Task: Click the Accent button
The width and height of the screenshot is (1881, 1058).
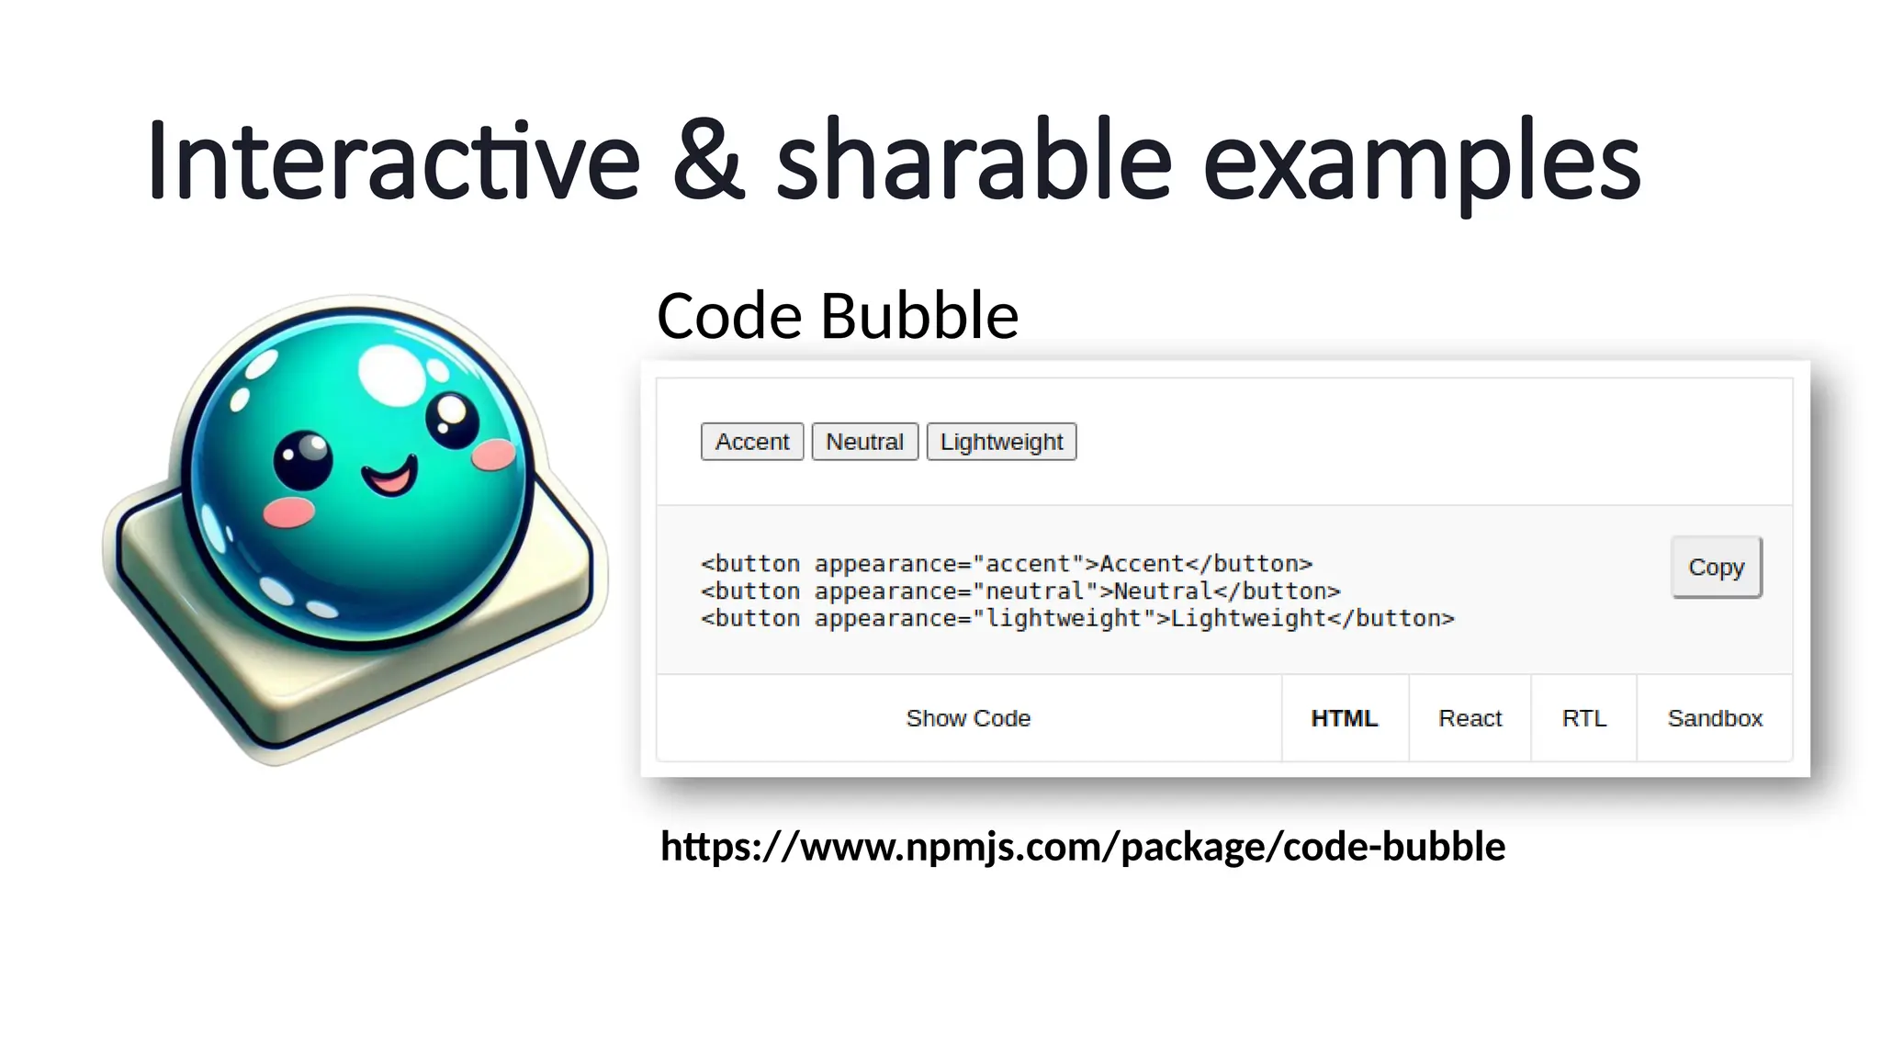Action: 752,442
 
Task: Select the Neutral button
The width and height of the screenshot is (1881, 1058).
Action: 864,442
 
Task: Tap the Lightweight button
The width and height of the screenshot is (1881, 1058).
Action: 1001,442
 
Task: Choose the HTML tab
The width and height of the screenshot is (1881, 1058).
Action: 1345,718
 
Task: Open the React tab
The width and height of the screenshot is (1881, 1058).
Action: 1470,718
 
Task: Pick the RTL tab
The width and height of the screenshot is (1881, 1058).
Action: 1584,718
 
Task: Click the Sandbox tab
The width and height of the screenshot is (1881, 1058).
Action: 1715,718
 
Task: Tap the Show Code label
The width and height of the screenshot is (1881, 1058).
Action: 968,718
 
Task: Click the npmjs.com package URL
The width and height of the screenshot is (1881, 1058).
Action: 1083,847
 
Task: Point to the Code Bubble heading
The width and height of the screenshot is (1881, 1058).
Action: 838,316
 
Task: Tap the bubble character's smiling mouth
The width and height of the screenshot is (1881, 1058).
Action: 389,477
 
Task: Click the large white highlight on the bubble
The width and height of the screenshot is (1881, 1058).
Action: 392,375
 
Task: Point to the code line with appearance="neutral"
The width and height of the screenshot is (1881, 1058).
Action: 1020,591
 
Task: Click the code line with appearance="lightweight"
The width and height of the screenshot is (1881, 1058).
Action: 1077,619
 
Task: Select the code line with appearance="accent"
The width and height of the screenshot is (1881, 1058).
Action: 1007,564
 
